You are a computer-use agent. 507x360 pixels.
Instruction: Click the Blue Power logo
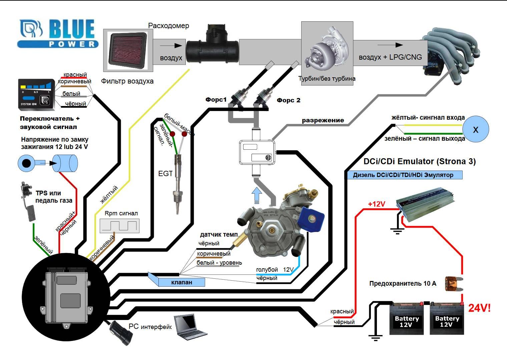(x=58, y=33)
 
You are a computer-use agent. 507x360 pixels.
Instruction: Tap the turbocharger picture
(x=327, y=50)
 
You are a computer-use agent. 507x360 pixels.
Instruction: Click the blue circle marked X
(x=475, y=129)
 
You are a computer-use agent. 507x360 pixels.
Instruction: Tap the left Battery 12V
(x=407, y=319)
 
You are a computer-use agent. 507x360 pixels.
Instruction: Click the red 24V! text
(x=479, y=308)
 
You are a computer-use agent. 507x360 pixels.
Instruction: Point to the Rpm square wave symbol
(x=119, y=226)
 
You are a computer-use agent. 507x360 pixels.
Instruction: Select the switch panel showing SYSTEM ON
(x=36, y=95)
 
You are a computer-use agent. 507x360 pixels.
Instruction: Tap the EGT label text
(x=165, y=173)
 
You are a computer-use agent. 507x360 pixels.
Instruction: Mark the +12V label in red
(x=376, y=204)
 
